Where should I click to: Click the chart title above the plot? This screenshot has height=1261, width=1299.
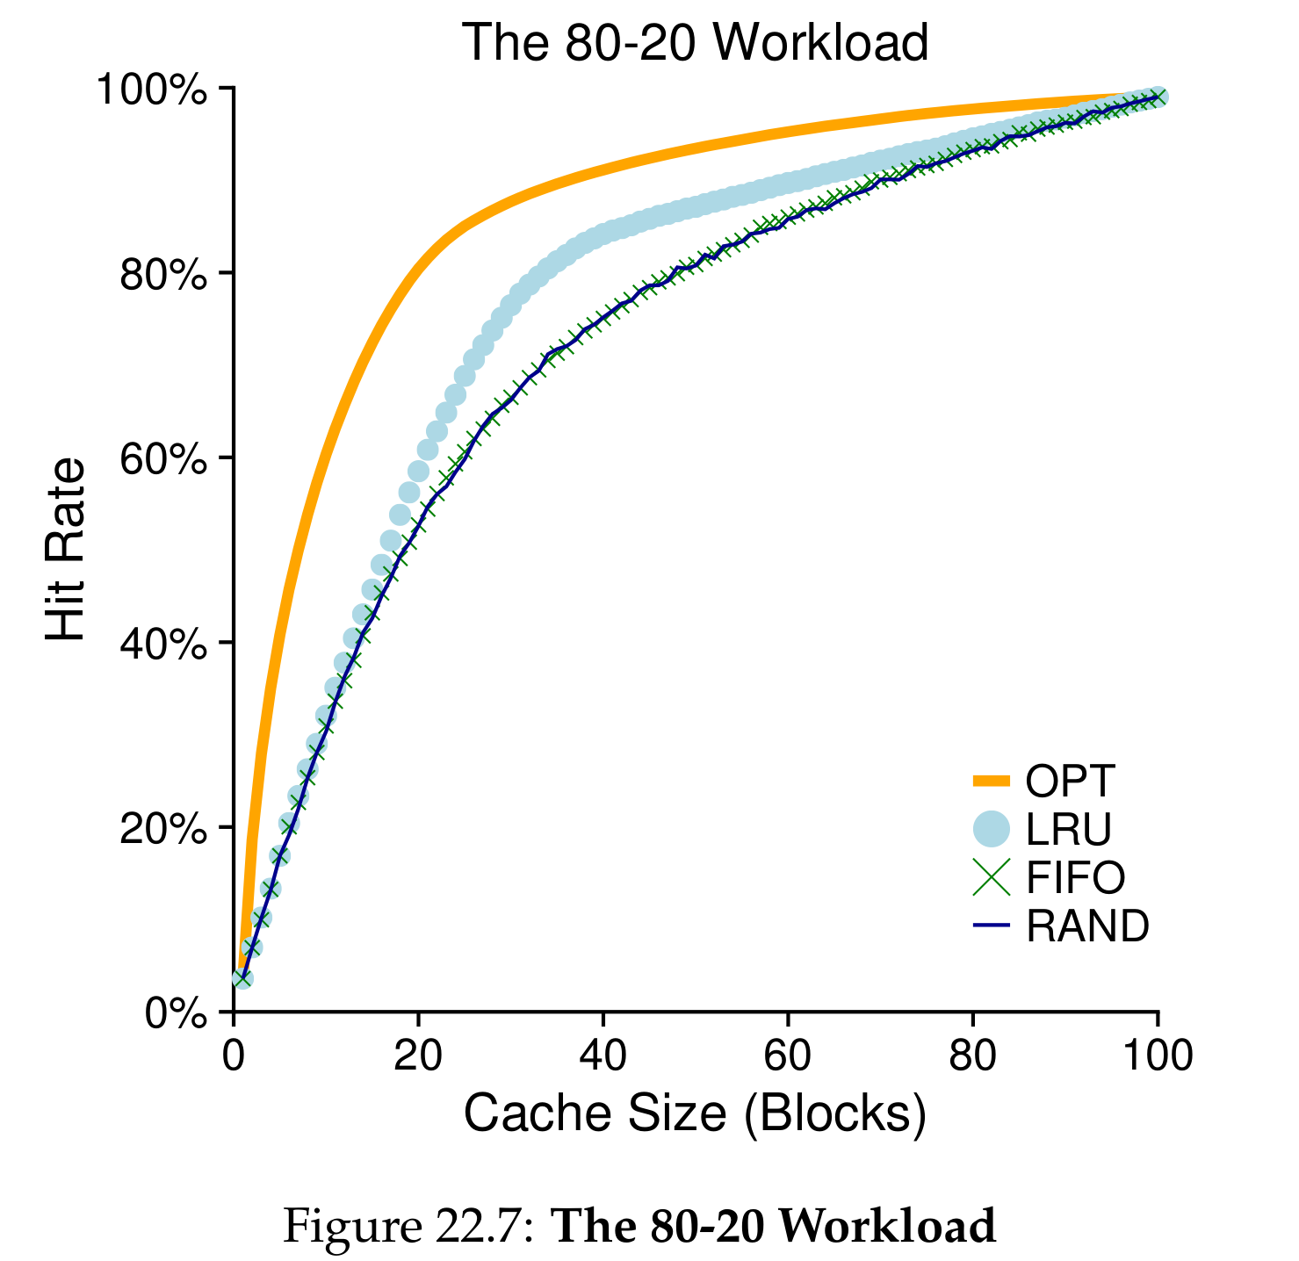694,42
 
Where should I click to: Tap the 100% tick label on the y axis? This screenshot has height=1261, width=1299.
152,90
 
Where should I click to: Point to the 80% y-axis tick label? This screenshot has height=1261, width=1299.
162,274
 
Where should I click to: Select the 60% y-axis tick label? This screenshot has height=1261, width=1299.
162,458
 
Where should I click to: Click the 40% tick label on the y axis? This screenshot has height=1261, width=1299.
162,643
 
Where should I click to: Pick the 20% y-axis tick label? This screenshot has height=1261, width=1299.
162,827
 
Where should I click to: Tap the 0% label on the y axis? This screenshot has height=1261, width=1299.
176,1013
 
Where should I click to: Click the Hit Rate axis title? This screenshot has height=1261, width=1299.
67,550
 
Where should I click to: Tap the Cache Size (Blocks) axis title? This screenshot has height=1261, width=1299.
694,1113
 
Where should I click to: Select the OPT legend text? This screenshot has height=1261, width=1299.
1070,780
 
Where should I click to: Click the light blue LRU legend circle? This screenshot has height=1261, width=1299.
992,828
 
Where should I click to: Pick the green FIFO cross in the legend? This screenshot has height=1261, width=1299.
992,876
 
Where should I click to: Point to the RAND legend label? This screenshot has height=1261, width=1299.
1087,926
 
